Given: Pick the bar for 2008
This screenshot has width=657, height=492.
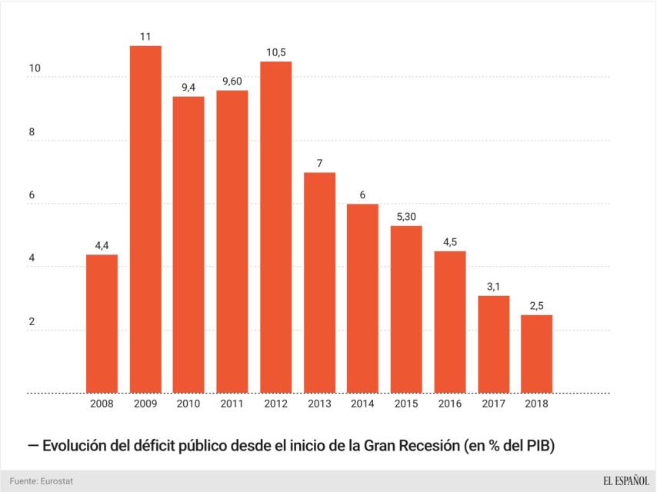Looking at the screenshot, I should pyautogui.click(x=102, y=324).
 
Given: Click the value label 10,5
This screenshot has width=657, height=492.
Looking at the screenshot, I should pyautogui.click(x=275, y=52).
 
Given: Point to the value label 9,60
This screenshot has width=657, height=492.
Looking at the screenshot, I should pyautogui.click(x=232, y=81).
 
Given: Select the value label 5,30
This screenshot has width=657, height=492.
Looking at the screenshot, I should pyautogui.click(x=406, y=217).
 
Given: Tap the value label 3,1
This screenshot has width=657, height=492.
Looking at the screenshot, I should pyautogui.click(x=493, y=287).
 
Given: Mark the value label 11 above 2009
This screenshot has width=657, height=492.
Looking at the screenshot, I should pyautogui.click(x=145, y=36).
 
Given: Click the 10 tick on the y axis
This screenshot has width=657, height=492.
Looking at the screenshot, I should pyautogui.click(x=34, y=69).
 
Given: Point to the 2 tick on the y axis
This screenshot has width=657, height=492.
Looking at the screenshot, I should pyautogui.click(x=32, y=322).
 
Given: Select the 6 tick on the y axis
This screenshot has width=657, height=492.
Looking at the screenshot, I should pyautogui.click(x=32, y=196).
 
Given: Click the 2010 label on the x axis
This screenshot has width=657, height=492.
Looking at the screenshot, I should pyautogui.click(x=188, y=403).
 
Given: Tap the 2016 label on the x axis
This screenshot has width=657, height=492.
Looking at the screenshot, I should pyautogui.click(x=450, y=403).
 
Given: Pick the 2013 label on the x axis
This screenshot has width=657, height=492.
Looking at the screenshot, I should pyautogui.click(x=319, y=403).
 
